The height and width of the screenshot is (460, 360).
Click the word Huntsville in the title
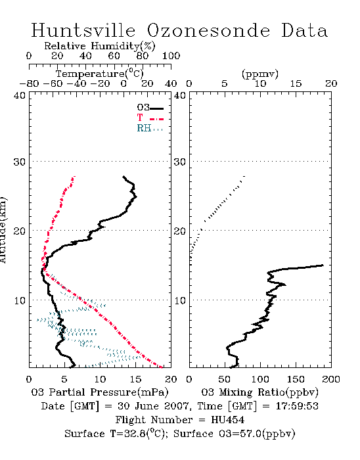coord(83,30)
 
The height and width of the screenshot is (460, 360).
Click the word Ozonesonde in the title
coord(208,30)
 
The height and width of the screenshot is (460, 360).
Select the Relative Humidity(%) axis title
coord(99,46)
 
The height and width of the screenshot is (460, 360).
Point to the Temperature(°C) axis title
coord(99,74)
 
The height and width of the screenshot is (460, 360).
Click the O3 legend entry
coord(150,108)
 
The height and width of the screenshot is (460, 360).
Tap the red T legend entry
coord(150,118)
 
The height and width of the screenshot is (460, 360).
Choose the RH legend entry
coord(150,128)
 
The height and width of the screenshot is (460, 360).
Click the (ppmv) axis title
coord(260,74)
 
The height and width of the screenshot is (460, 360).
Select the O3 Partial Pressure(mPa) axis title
coord(100,392)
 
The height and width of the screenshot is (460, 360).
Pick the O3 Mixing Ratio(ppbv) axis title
coord(259,392)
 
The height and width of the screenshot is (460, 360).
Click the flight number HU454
coord(228,420)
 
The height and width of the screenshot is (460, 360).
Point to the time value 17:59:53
coord(297,406)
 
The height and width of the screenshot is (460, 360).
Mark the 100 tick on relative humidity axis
coord(171,56)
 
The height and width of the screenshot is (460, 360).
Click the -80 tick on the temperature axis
coord(29,84)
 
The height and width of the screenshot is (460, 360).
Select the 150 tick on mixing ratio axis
coord(296,379)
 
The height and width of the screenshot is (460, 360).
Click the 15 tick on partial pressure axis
coord(135,379)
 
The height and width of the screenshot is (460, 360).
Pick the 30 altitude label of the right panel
coord(180,162)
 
